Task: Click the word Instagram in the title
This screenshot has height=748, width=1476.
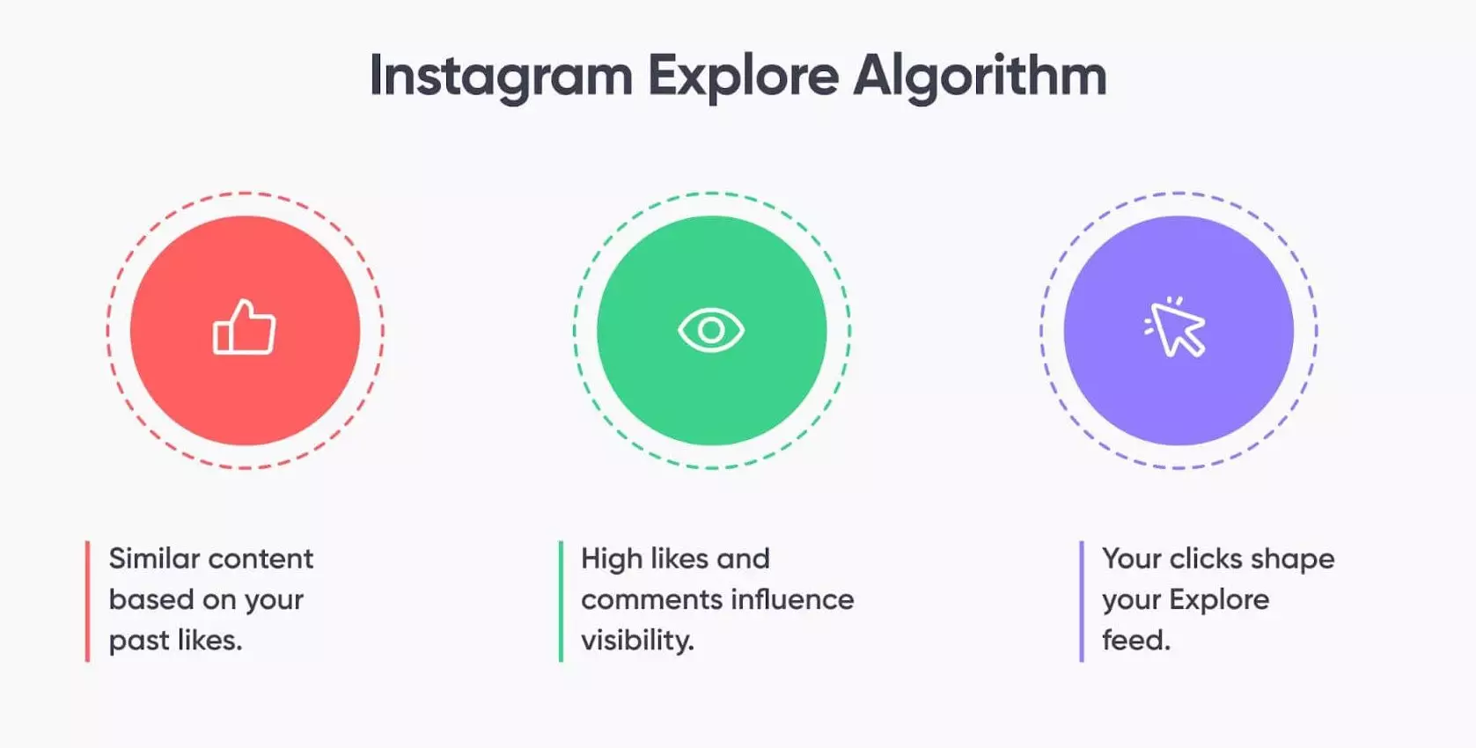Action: click(x=501, y=77)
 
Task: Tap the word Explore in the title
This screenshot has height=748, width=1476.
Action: click(x=743, y=77)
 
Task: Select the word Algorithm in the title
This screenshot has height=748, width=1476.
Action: click(x=980, y=77)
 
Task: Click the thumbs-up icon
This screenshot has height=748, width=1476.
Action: click(x=244, y=326)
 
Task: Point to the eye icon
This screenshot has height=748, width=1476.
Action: click(x=711, y=330)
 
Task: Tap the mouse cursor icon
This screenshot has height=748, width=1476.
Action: click(x=1176, y=326)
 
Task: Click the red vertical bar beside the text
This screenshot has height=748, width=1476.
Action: click(x=88, y=601)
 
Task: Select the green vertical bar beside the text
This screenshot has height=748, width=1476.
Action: click(x=561, y=601)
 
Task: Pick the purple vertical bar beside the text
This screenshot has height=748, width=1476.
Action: click(x=1082, y=601)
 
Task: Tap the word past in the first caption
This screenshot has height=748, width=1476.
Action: click(x=136, y=641)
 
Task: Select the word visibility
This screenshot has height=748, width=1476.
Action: click(x=637, y=640)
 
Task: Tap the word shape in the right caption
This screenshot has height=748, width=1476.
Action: click(x=1293, y=560)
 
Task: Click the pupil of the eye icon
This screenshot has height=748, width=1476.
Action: click(x=711, y=330)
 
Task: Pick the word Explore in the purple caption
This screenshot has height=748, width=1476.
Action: click(x=1219, y=599)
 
